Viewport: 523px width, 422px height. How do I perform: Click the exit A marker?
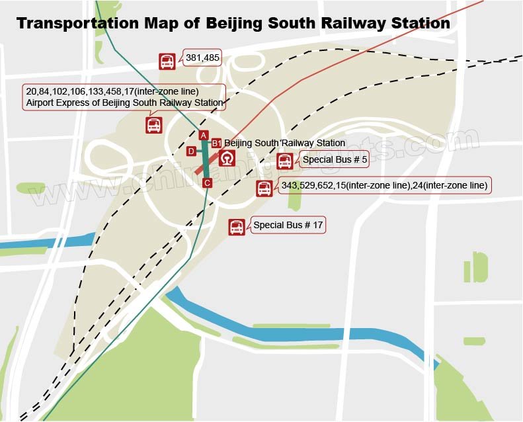pyautogui.click(x=204, y=136)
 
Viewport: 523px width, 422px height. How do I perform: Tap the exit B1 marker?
pyautogui.click(x=216, y=143)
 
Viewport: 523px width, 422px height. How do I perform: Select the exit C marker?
pyautogui.click(x=207, y=183)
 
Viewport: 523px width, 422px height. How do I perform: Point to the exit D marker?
pyautogui.click(x=191, y=151)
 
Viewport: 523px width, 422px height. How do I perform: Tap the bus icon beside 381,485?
pyautogui.click(x=168, y=62)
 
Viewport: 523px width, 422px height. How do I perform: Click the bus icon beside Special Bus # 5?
pyautogui.click(x=284, y=161)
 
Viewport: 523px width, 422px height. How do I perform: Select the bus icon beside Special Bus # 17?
pyautogui.click(x=237, y=227)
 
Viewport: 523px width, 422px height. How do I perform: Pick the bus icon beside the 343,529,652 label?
pyautogui.click(x=264, y=189)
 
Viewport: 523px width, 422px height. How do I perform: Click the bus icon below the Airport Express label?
pyautogui.click(x=154, y=124)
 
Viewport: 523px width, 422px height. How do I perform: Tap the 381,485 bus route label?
pyautogui.click(x=202, y=58)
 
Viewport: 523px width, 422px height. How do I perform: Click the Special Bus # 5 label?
pyautogui.click(x=335, y=159)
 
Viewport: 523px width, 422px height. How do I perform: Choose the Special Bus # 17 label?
pyautogui.click(x=288, y=226)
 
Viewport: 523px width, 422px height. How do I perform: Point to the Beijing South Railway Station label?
pyautogui.click(x=284, y=143)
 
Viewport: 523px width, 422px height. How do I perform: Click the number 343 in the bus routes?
pyautogui.click(x=290, y=186)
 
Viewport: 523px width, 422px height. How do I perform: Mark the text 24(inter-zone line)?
pyautogui.click(x=450, y=186)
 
